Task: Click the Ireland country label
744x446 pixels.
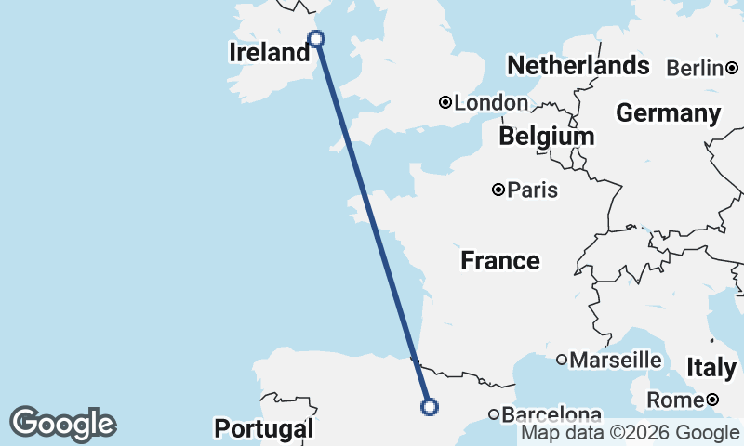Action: click(269, 53)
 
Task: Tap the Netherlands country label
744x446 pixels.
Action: click(578, 66)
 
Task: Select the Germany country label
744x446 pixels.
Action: click(668, 113)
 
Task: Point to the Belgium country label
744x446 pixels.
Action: click(546, 137)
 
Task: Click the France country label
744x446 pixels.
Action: click(500, 261)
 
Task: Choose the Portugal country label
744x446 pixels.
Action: click(264, 429)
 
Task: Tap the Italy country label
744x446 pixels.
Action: click(711, 368)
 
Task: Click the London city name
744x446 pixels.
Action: click(491, 103)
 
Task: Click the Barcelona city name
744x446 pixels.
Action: click(552, 414)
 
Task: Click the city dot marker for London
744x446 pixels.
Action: click(445, 102)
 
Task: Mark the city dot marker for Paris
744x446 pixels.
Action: click(498, 190)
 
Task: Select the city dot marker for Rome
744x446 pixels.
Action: click(711, 400)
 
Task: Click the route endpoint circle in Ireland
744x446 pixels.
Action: click(316, 38)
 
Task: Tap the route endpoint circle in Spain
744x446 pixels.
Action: click(430, 406)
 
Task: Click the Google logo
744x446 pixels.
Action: click(62, 424)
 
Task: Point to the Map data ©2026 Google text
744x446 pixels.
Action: click(630, 433)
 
